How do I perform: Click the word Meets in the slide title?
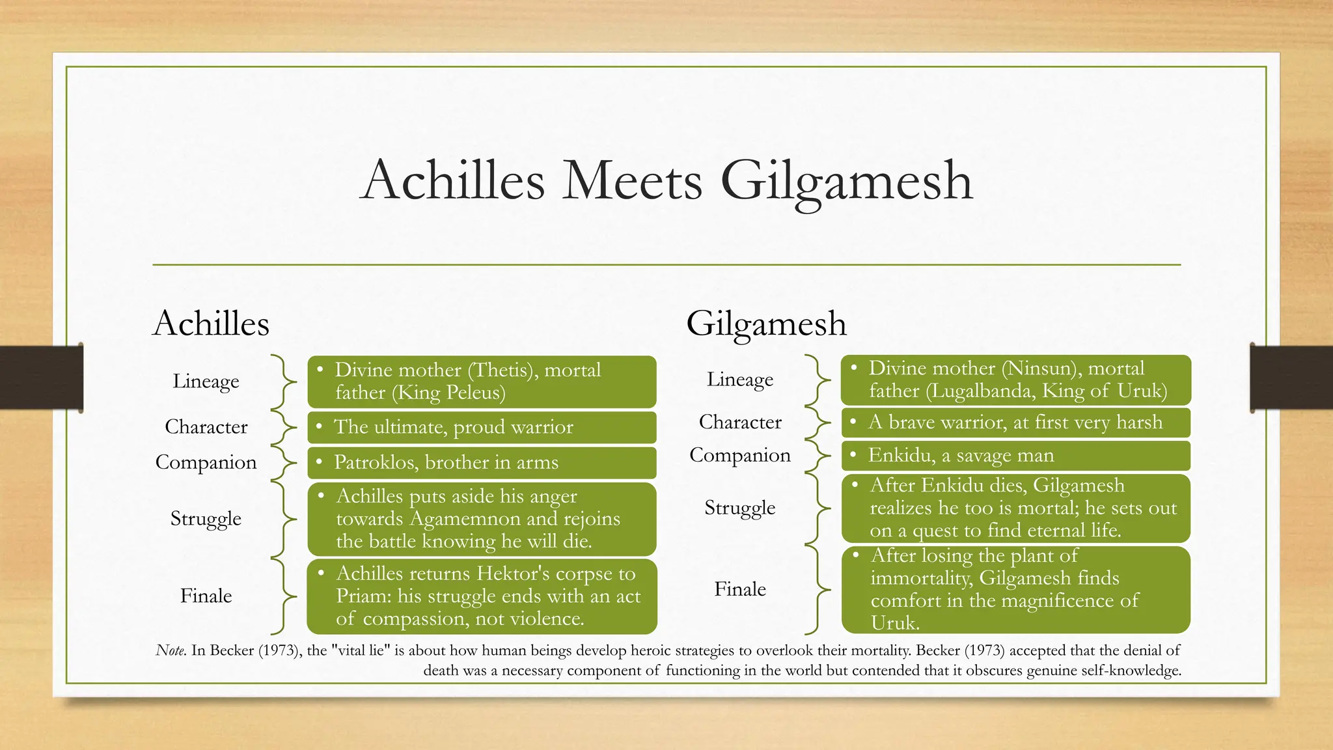(632, 180)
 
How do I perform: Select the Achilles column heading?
(211, 324)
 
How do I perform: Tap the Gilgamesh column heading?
(766, 324)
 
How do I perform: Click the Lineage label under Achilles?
(206, 381)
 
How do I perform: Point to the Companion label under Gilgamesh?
(740, 455)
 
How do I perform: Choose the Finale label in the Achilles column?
(206, 596)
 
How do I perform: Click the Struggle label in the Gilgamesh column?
(740, 507)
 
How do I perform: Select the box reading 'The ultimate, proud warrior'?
(482, 427)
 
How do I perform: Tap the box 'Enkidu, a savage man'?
(1015, 455)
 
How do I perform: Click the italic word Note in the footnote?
(171, 650)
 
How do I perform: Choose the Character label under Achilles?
(206, 426)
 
